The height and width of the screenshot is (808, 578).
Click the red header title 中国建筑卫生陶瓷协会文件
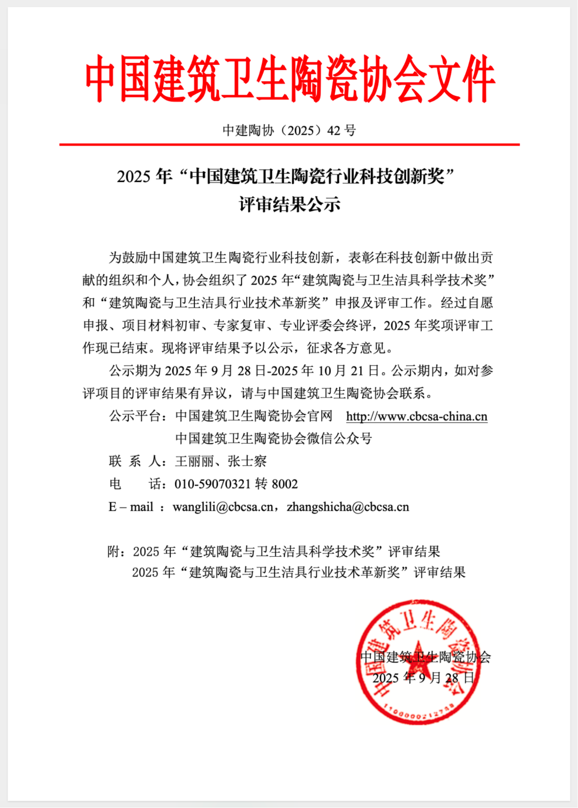[x=290, y=79]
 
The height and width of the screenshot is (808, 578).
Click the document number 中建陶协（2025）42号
[x=290, y=130]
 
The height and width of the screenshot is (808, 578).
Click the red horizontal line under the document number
[x=290, y=144]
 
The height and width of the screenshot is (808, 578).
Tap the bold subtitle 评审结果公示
[x=290, y=204]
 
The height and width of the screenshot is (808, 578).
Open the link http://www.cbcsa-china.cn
[x=416, y=417]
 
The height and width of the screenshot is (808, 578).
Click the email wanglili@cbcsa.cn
[x=223, y=507]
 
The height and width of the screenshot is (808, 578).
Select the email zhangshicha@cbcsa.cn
[x=348, y=507]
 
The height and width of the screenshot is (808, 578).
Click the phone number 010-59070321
[x=212, y=484]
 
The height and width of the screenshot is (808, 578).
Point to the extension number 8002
[x=285, y=484]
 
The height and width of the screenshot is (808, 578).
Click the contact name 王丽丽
[x=194, y=461]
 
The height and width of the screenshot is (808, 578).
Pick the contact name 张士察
[x=247, y=461]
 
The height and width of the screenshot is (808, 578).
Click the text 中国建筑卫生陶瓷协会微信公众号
[x=273, y=439]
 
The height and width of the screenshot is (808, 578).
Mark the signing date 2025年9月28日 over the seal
[x=423, y=678]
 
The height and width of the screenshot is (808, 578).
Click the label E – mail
[x=131, y=507]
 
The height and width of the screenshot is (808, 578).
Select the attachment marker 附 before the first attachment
[x=113, y=552]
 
